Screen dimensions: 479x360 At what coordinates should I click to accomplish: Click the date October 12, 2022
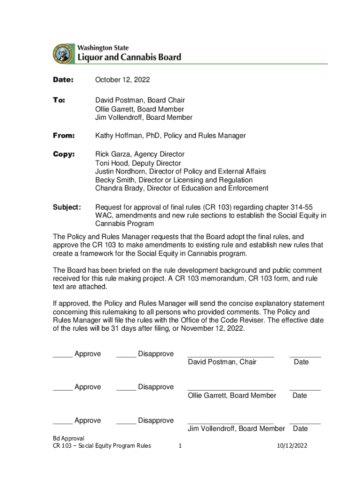tap(122, 80)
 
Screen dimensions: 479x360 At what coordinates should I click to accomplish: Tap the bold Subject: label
tap(67, 207)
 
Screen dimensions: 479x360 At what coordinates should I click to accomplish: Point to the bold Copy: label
tap(64, 154)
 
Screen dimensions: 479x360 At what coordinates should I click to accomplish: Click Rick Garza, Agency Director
tap(140, 154)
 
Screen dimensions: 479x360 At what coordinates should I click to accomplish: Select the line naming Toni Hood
tap(138, 163)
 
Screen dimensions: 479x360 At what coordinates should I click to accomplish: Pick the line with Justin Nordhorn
tap(180, 171)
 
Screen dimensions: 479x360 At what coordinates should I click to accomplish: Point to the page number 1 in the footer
tap(180, 446)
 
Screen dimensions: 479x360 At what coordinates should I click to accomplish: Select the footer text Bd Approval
tap(68, 438)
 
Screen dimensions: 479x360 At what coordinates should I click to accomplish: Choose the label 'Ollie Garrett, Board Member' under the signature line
tap(232, 395)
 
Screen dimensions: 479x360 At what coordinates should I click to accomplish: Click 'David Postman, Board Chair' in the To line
tap(140, 100)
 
